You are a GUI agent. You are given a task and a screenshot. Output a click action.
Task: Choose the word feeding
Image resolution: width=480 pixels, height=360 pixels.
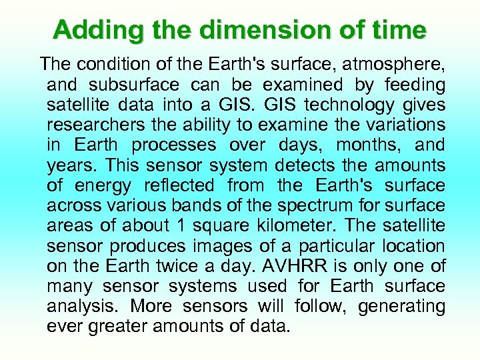tap(411, 85)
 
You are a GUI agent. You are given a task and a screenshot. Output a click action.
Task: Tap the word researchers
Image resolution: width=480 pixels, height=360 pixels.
tap(97, 125)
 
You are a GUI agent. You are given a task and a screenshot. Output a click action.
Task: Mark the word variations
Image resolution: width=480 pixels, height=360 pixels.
tap(400, 125)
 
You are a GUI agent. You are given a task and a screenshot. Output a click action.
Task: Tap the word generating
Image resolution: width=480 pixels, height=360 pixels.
tap(402, 307)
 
